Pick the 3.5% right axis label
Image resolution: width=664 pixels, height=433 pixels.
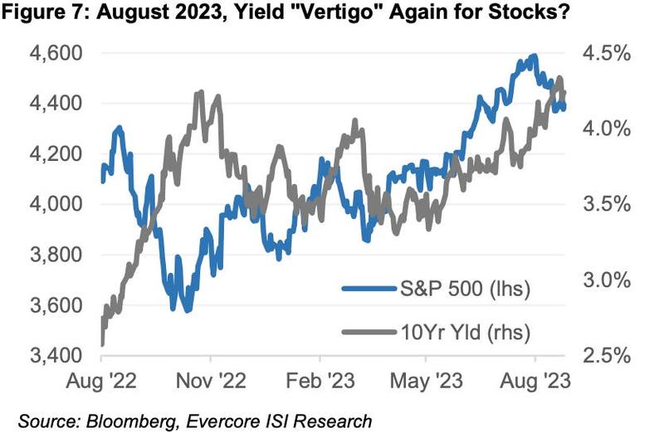pos(609,204)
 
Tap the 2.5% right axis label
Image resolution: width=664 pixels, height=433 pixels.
pos(609,355)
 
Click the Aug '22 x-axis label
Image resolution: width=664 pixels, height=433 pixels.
pos(101,382)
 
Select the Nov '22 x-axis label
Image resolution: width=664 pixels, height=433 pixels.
pos(211,382)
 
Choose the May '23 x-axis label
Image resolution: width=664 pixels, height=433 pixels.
pos(426,382)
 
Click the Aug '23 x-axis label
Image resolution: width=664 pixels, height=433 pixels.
pos(535,382)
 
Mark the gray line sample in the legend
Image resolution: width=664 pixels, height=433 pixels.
pos(368,332)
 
